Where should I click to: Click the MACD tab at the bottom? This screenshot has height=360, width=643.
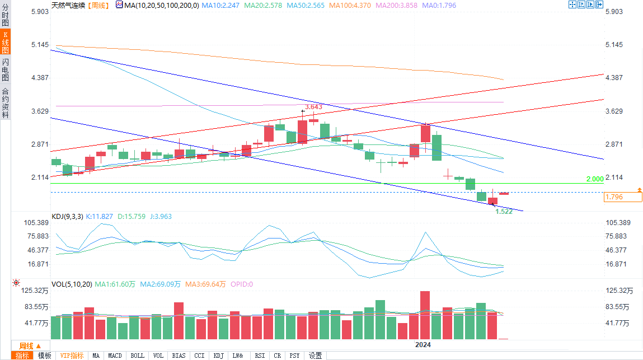click(115, 356)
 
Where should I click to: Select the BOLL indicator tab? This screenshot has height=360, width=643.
click(137, 356)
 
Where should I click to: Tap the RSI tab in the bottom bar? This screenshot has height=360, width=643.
click(260, 356)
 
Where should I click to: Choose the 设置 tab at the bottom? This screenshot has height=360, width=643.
click(315, 356)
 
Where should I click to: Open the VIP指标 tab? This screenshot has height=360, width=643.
click(72, 356)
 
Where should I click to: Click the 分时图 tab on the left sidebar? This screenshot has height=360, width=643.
click(5, 17)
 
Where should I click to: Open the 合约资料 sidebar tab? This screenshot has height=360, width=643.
click(5, 103)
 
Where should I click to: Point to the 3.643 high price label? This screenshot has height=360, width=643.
click(313, 106)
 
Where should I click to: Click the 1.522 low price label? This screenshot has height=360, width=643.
click(504, 211)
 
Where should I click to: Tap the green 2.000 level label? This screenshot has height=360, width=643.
click(594, 179)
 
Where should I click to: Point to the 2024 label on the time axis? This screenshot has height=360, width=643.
click(423, 345)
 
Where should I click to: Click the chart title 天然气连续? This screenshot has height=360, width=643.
click(68, 4)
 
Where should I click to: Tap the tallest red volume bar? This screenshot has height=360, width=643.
click(425, 315)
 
